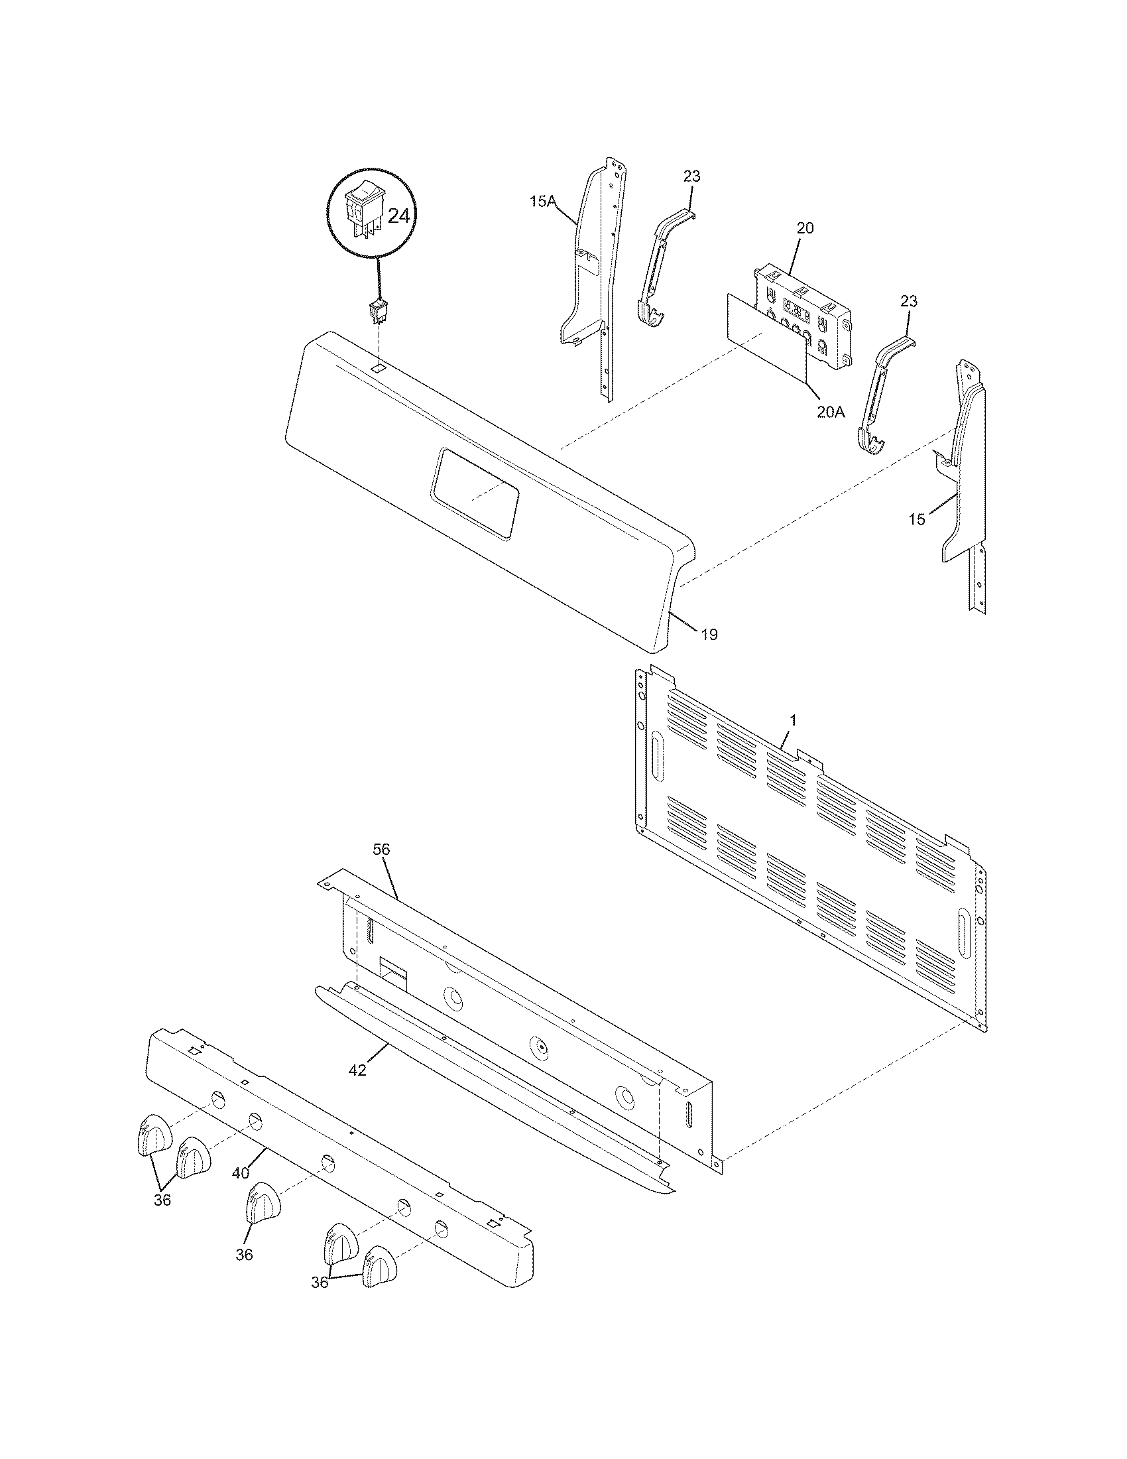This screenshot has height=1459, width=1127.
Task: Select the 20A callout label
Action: (x=830, y=412)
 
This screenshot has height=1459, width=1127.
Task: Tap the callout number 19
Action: (x=709, y=634)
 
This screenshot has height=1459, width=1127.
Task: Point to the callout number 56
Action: (x=382, y=850)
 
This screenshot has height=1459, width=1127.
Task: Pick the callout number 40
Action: (x=241, y=1173)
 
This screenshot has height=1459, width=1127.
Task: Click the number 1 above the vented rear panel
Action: (x=792, y=720)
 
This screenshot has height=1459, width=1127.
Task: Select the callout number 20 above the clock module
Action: (x=805, y=227)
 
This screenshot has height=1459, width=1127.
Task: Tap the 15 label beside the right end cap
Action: (x=918, y=519)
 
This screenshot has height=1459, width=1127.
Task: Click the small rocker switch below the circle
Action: (x=379, y=312)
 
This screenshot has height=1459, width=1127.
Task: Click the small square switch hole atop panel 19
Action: (x=378, y=367)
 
